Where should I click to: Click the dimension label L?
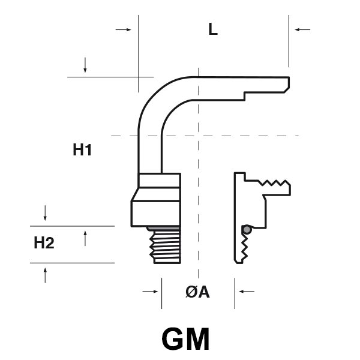click(212, 29)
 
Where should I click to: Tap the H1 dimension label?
click(82, 150)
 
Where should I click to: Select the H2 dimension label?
click(44, 243)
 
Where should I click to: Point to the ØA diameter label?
click(197, 292)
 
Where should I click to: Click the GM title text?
click(185, 340)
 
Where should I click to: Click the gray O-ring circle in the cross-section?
click(245, 229)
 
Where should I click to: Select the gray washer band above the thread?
click(163, 228)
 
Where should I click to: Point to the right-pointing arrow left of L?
click(124, 29)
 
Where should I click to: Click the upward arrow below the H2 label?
click(45, 275)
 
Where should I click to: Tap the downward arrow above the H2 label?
click(45, 212)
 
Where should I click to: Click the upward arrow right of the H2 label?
click(85, 238)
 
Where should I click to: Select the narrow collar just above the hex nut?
click(159, 180)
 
